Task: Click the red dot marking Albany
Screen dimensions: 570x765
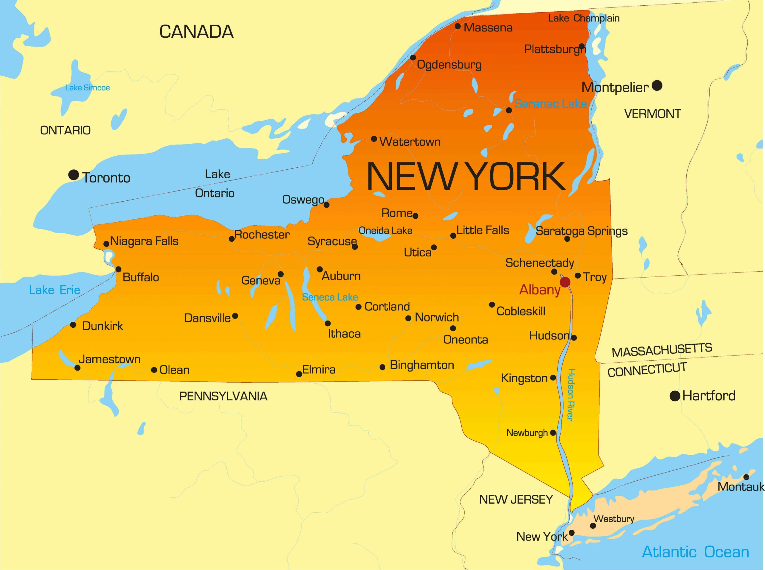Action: click(x=565, y=282)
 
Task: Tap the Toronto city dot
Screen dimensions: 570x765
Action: click(x=74, y=175)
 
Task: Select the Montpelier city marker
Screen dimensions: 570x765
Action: click(x=657, y=85)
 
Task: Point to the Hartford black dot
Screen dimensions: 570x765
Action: click(x=675, y=396)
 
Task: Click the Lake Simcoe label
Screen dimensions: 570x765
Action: click(x=87, y=88)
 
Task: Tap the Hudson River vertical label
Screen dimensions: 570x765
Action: click(x=571, y=395)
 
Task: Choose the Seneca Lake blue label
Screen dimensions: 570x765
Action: click(x=330, y=297)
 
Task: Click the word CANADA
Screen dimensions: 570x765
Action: click(x=196, y=32)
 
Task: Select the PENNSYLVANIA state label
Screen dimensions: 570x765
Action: click(x=223, y=396)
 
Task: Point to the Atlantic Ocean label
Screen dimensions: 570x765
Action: click(x=695, y=552)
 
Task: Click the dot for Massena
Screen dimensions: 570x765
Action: click(x=458, y=26)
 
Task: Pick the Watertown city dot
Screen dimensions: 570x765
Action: click(x=374, y=139)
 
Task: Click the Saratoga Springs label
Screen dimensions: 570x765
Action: click(x=582, y=231)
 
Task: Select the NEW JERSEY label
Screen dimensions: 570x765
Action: click(x=516, y=499)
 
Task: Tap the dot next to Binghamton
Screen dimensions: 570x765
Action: click(x=382, y=367)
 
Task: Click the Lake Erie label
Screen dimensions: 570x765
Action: click(x=54, y=290)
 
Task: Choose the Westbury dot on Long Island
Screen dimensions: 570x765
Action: click(x=593, y=526)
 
